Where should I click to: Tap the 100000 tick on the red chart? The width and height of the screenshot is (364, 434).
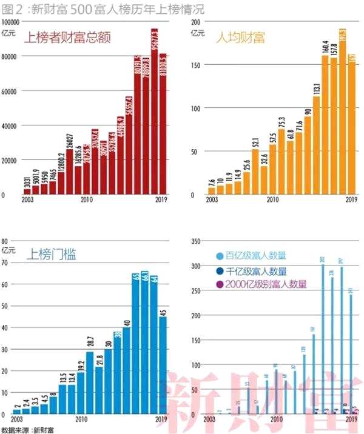11,21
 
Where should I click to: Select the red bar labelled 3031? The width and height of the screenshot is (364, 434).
27,192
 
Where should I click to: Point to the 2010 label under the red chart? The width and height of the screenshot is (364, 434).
87,199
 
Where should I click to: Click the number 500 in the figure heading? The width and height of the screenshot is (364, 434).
75,8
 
